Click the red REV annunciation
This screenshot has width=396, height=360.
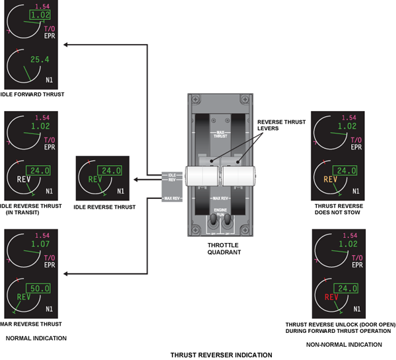click(331, 297)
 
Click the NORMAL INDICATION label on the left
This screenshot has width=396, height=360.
click(36, 338)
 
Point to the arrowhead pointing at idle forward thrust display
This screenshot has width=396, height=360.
click(66, 44)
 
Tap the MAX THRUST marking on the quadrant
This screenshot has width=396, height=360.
click(219, 134)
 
